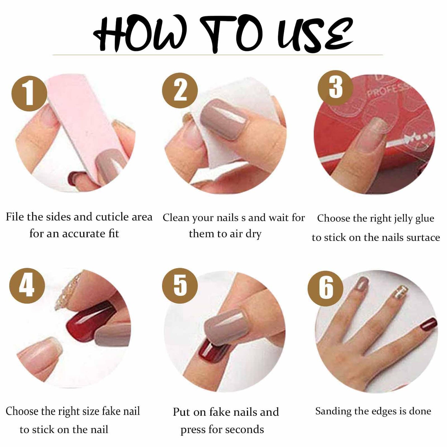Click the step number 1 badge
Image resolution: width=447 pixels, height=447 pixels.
[29, 94]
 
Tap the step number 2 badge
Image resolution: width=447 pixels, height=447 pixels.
[180, 90]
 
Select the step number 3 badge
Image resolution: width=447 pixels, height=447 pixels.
[335, 88]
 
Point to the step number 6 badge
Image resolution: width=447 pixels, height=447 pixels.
[325, 289]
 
